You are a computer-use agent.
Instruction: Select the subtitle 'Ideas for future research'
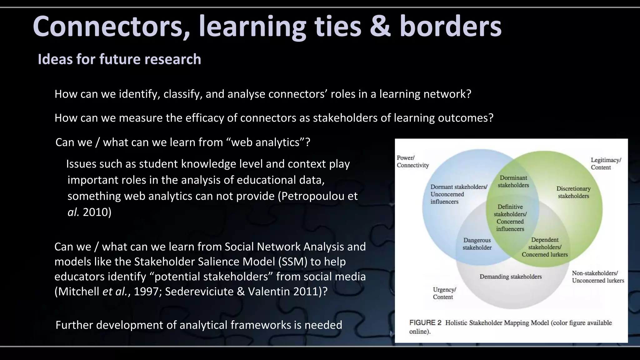[x=119, y=59]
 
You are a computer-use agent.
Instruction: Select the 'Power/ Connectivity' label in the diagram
[x=412, y=162]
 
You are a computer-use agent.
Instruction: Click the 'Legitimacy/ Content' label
[x=606, y=163]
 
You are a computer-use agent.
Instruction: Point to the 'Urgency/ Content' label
[x=444, y=293]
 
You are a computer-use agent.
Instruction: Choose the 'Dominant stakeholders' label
[x=513, y=181]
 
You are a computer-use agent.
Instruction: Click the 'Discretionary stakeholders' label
[x=573, y=192]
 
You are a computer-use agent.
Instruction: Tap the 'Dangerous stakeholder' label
[x=477, y=244]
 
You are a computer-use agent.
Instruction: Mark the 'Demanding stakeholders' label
[x=511, y=277]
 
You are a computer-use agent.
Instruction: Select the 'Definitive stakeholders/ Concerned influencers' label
[x=510, y=217]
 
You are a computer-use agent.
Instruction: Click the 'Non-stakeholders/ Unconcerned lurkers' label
[x=598, y=277]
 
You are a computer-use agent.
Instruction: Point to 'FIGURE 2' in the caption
[x=425, y=322]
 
